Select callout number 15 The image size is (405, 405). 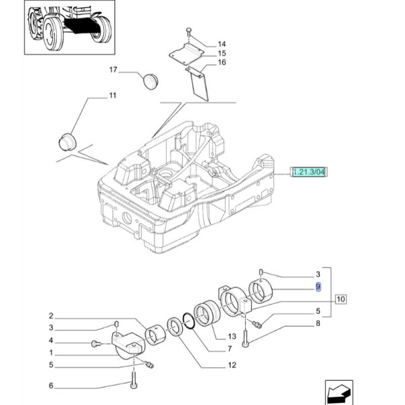click(222, 53)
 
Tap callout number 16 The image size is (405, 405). click(222, 63)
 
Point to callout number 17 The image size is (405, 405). click(113, 70)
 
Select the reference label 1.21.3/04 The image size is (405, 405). click(308, 173)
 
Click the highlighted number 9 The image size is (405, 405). click(318, 286)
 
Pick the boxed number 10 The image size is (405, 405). click(339, 298)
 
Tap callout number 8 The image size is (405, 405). click(317, 324)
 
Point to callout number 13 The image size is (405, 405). click(231, 336)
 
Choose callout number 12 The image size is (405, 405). click(231, 366)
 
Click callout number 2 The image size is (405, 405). click(51, 316)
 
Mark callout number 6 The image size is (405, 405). click(51, 386)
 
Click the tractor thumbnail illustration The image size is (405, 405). click(70, 29)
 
